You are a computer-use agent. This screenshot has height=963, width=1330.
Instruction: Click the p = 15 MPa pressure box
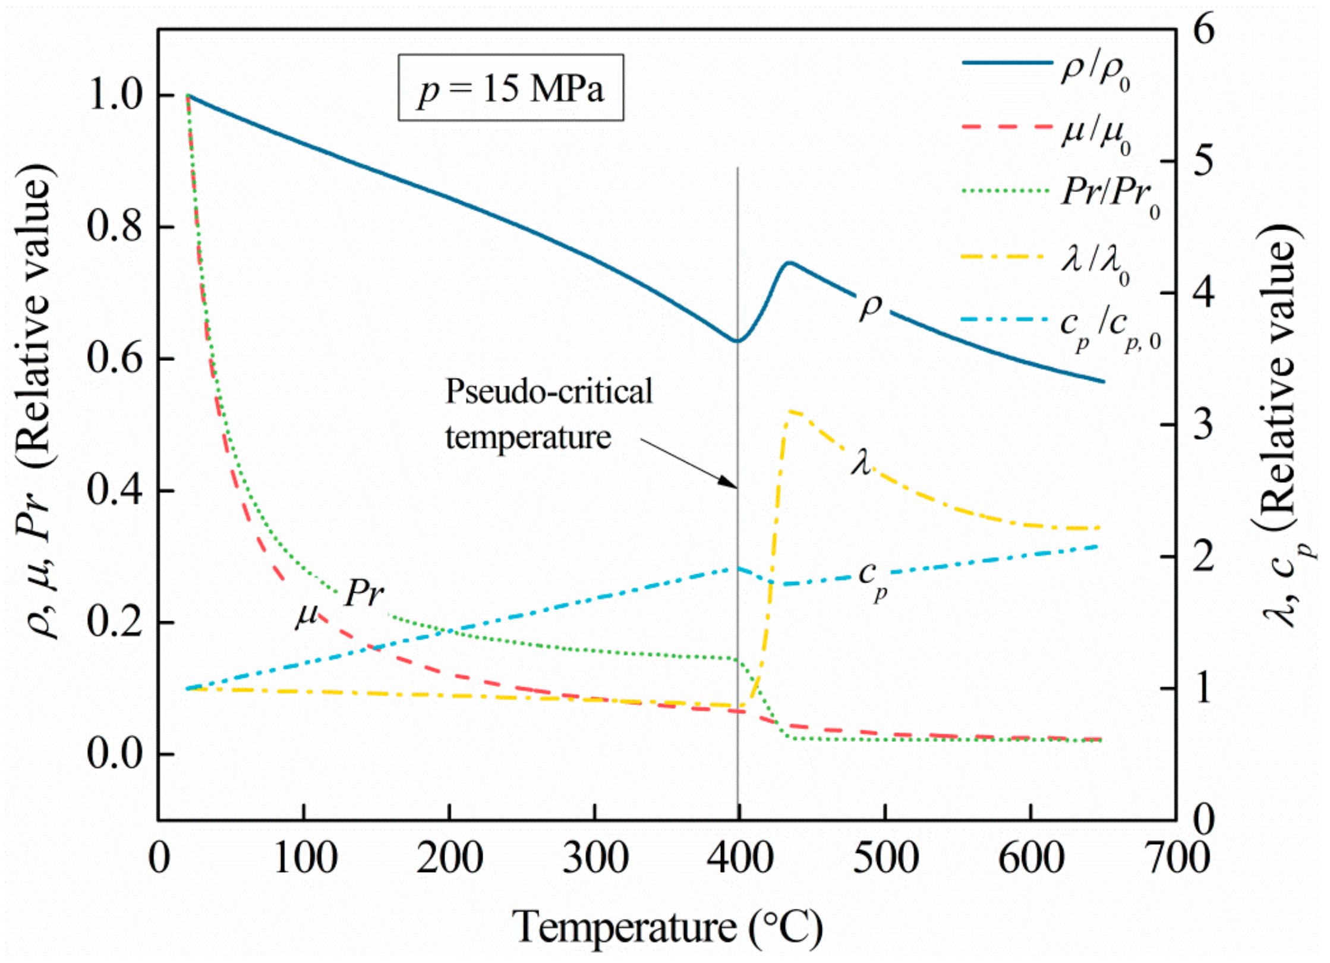tap(510, 88)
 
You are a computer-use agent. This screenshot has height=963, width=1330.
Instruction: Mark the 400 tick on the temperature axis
tap(738, 858)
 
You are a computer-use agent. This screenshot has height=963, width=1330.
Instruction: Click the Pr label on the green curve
tap(364, 593)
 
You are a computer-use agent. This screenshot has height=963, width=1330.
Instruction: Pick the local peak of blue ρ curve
tap(788, 262)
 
